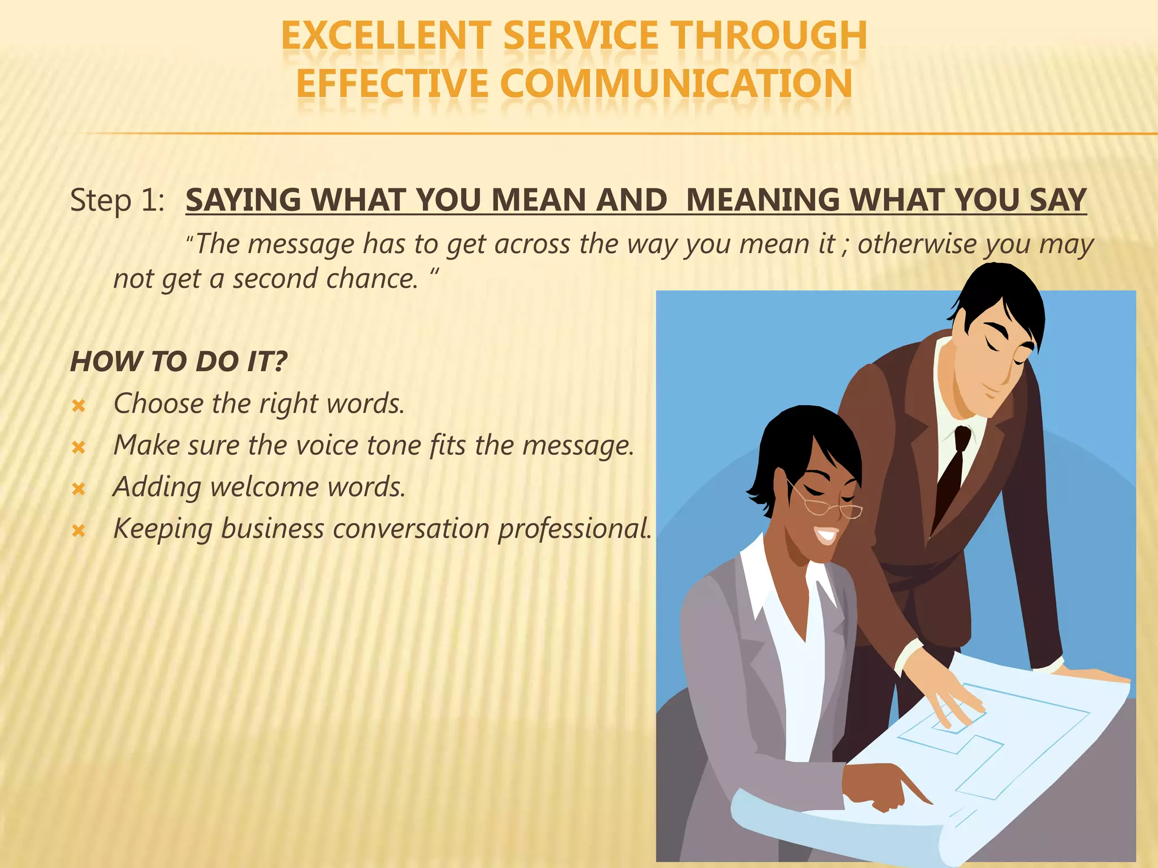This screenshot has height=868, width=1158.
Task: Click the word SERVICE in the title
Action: [x=581, y=36]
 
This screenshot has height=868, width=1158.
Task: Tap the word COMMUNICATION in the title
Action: [x=676, y=84]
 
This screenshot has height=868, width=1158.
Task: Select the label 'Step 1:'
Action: [x=117, y=201]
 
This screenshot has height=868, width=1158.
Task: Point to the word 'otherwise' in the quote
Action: [x=917, y=244]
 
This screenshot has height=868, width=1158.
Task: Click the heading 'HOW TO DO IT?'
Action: [x=179, y=362]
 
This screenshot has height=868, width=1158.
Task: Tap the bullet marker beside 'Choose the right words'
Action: [x=79, y=406]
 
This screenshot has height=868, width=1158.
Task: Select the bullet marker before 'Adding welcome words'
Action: [x=79, y=489]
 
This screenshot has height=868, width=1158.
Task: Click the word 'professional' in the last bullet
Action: [x=574, y=530]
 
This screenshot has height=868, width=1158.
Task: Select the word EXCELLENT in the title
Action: [x=386, y=36]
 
